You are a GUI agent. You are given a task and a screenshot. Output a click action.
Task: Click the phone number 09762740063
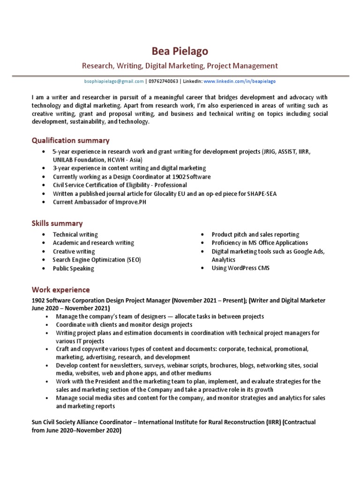163,81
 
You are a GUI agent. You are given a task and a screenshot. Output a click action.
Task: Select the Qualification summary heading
70,140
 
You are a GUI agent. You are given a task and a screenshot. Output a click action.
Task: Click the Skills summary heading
57,223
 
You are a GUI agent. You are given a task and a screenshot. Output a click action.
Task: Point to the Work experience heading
60,290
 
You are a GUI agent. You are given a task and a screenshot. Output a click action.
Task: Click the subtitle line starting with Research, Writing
180,66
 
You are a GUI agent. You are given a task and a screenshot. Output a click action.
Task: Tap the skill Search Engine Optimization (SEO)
97,260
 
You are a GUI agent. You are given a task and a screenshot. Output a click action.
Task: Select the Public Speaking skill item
73,269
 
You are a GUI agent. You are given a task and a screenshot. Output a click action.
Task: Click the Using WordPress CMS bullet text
240,268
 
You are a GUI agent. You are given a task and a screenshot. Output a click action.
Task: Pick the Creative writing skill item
74,251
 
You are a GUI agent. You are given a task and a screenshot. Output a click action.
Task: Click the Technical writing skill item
75,234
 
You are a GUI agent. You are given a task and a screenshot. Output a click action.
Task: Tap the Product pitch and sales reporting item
255,234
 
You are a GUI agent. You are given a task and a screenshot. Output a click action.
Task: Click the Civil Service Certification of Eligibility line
120,185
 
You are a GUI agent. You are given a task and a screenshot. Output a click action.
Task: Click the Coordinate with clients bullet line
124,324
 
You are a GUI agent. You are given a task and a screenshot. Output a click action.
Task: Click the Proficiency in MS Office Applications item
260,243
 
